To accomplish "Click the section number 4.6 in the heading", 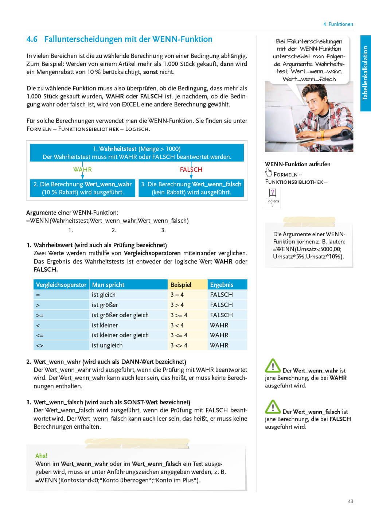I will (x=32, y=39).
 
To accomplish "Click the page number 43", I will (x=350, y=501).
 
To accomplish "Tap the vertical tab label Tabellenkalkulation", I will (x=365, y=73).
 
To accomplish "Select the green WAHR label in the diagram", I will (x=82, y=170).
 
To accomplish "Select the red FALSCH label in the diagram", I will (x=191, y=170).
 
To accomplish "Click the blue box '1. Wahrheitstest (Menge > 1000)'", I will (x=137, y=153).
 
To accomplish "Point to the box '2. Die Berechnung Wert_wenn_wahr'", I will (x=82, y=188).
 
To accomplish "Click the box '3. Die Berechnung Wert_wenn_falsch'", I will (x=191, y=188).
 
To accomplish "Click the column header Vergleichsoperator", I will (x=61, y=285).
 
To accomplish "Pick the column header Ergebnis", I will (x=222, y=285).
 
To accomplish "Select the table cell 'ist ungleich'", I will (x=107, y=345).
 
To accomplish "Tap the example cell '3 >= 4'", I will (x=179, y=315).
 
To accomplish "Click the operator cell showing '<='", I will (x=40, y=335).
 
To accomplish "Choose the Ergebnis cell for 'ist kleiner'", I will (x=219, y=325).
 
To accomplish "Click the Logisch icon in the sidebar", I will (x=273, y=197).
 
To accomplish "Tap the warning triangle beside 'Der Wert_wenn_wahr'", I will (x=273, y=366).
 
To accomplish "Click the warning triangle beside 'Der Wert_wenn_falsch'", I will (x=273, y=407).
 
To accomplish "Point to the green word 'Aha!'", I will (x=41, y=456).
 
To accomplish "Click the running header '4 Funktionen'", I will (x=338, y=24).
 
